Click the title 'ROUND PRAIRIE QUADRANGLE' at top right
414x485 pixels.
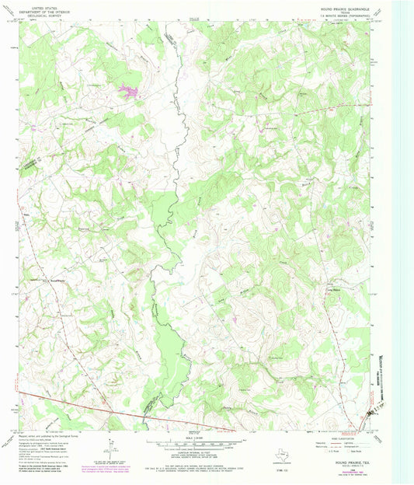tap(346, 9)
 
